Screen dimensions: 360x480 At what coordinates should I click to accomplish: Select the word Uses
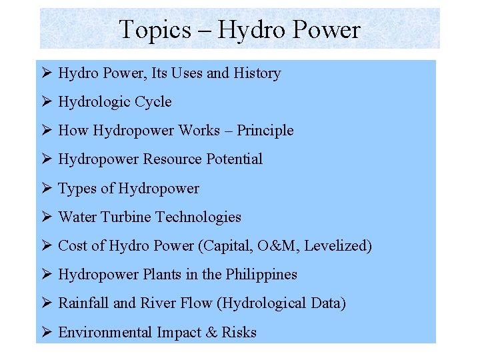click(186, 73)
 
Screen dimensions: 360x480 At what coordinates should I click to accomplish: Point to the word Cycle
click(153, 102)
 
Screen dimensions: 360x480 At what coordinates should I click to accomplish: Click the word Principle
click(265, 131)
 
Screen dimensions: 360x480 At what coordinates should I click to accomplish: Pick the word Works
click(200, 131)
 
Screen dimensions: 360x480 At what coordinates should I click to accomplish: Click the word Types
click(77, 189)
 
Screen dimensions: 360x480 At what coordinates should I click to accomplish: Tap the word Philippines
click(261, 274)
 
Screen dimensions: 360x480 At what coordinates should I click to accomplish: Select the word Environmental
click(105, 332)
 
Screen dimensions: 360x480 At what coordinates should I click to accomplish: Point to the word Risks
click(239, 332)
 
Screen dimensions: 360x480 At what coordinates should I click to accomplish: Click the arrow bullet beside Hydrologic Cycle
click(46, 102)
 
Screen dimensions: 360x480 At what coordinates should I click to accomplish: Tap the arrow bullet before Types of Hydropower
click(46, 189)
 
